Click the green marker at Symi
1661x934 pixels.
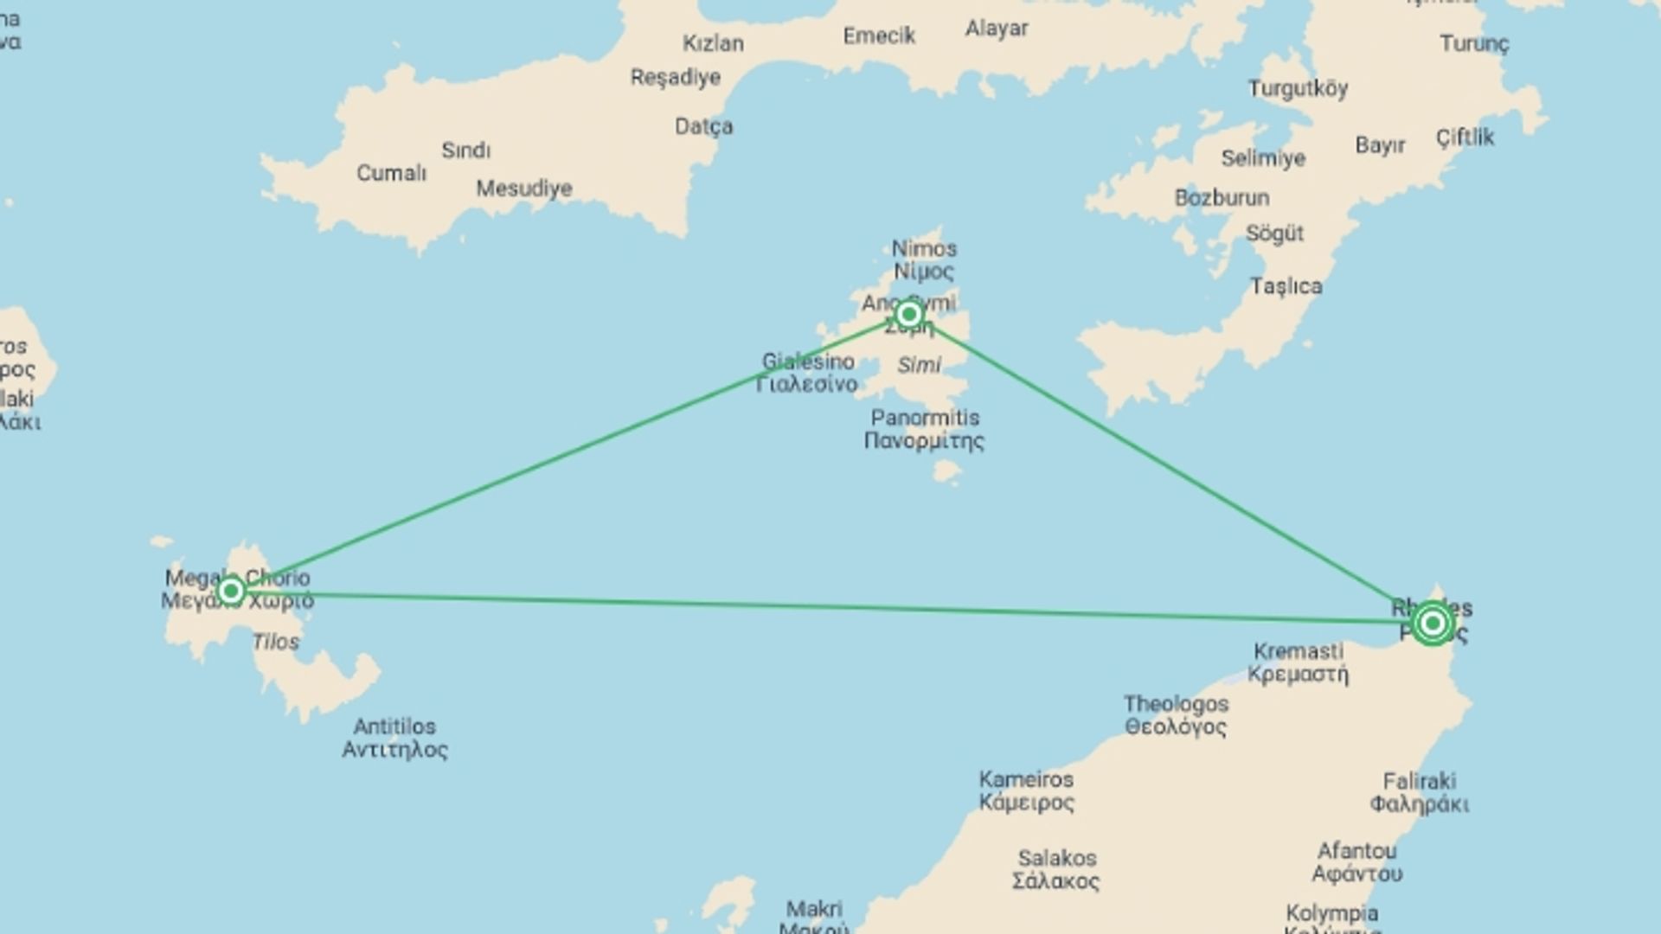pos(908,314)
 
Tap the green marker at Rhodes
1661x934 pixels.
pos(1432,623)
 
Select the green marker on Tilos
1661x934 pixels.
pos(230,592)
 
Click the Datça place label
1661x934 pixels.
pos(703,127)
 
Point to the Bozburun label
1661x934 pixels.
pos(1222,198)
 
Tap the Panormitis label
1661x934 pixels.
pos(925,429)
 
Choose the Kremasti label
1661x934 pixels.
pos(1299,662)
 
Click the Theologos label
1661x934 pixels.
pos(1176,715)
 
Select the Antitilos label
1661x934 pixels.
pos(394,738)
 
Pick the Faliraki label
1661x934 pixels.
pos(1420,792)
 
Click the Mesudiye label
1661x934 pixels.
pos(524,188)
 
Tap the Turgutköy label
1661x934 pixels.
pos(1298,89)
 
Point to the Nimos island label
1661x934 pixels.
pos(924,259)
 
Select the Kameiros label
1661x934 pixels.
pos(1027,790)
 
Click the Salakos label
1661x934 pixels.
pos(1056,870)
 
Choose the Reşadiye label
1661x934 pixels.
pos(676,78)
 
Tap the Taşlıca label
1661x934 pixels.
pos(1286,286)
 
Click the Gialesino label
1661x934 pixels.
pos(808,373)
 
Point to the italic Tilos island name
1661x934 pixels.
pos(276,642)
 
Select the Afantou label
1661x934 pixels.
pos(1356,862)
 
